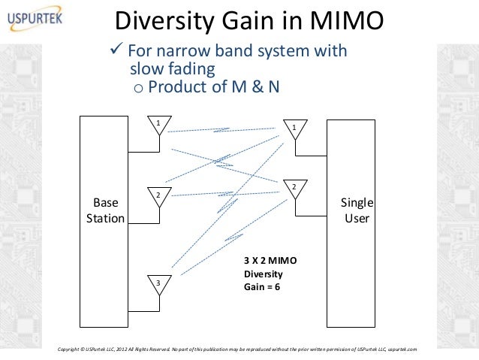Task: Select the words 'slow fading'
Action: pyautogui.click(x=173, y=69)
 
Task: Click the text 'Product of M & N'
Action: pyautogui.click(x=214, y=87)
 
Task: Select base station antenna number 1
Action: pyautogui.click(x=158, y=124)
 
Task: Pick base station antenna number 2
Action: pyautogui.click(x=158, y=195)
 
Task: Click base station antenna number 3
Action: pyautogui.click(x=158, y=283)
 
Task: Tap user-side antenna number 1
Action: pyautogui.click(x=294, y=129)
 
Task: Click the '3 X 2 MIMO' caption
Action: pyautogui.click(x=271, y=260)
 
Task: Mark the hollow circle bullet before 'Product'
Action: pyautogui.click(x=137, y=89)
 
